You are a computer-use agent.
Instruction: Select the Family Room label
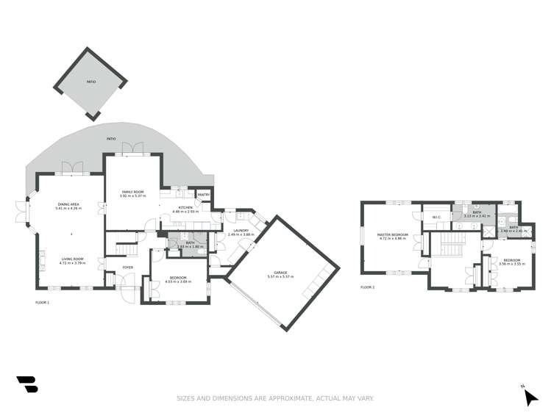132,192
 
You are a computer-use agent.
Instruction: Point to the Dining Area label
68,204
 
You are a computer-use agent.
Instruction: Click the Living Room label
72,259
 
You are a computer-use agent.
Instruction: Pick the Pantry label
203,194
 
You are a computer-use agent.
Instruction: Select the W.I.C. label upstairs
436,217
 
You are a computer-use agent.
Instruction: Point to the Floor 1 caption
42,302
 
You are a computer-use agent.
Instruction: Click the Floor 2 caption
367,287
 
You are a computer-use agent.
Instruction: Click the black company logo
26,384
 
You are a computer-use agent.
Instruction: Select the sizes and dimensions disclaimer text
275,398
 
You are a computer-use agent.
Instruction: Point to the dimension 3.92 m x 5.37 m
132,196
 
